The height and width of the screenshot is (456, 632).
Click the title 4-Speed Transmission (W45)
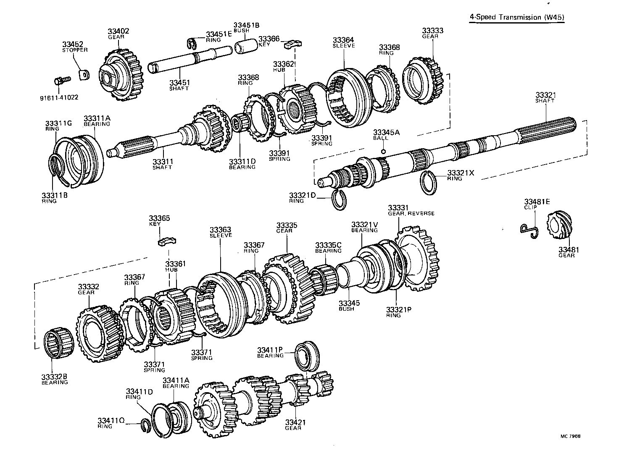coord(516,17)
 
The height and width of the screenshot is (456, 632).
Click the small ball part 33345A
coord(383,151)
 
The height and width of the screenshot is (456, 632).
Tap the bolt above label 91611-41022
coord(59,81)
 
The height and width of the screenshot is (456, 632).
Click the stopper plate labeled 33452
coord(84,75)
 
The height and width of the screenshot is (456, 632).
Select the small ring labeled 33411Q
coord(146,425)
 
